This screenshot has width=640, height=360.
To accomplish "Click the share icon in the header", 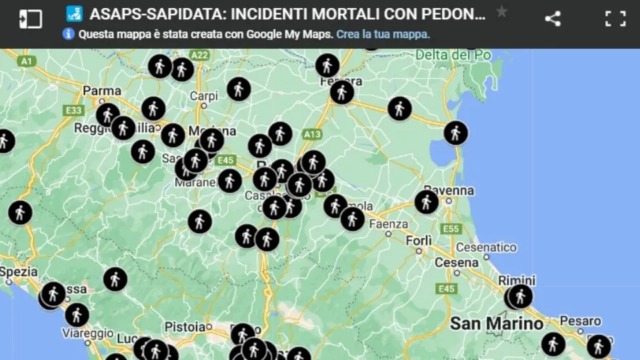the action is (x=552, y=19).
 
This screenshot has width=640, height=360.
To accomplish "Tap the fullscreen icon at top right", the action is (x=615, y=19).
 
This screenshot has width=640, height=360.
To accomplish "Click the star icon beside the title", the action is (x=502, y=12).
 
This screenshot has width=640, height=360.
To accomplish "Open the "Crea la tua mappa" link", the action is (x=383, y=34).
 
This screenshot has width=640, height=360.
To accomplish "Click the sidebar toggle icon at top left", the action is (x=31, y=19).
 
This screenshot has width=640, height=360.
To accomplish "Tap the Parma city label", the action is (x=102, y=91).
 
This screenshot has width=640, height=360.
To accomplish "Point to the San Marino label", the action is (x=497, y=324).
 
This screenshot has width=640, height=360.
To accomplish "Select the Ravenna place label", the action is (x=449, y=191).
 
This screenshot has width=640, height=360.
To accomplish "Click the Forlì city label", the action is (x=419, y=240).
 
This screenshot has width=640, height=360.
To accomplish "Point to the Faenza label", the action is (x=388, y=224).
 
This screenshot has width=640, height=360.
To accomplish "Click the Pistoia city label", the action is (x=185, y=327).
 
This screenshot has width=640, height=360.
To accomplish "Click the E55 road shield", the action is (x=451, y=229).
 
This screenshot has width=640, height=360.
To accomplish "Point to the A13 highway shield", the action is (x=311, y=134).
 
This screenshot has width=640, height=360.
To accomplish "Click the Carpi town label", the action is (x=204, y=96).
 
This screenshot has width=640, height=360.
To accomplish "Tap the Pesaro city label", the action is (x=580, y=321).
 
